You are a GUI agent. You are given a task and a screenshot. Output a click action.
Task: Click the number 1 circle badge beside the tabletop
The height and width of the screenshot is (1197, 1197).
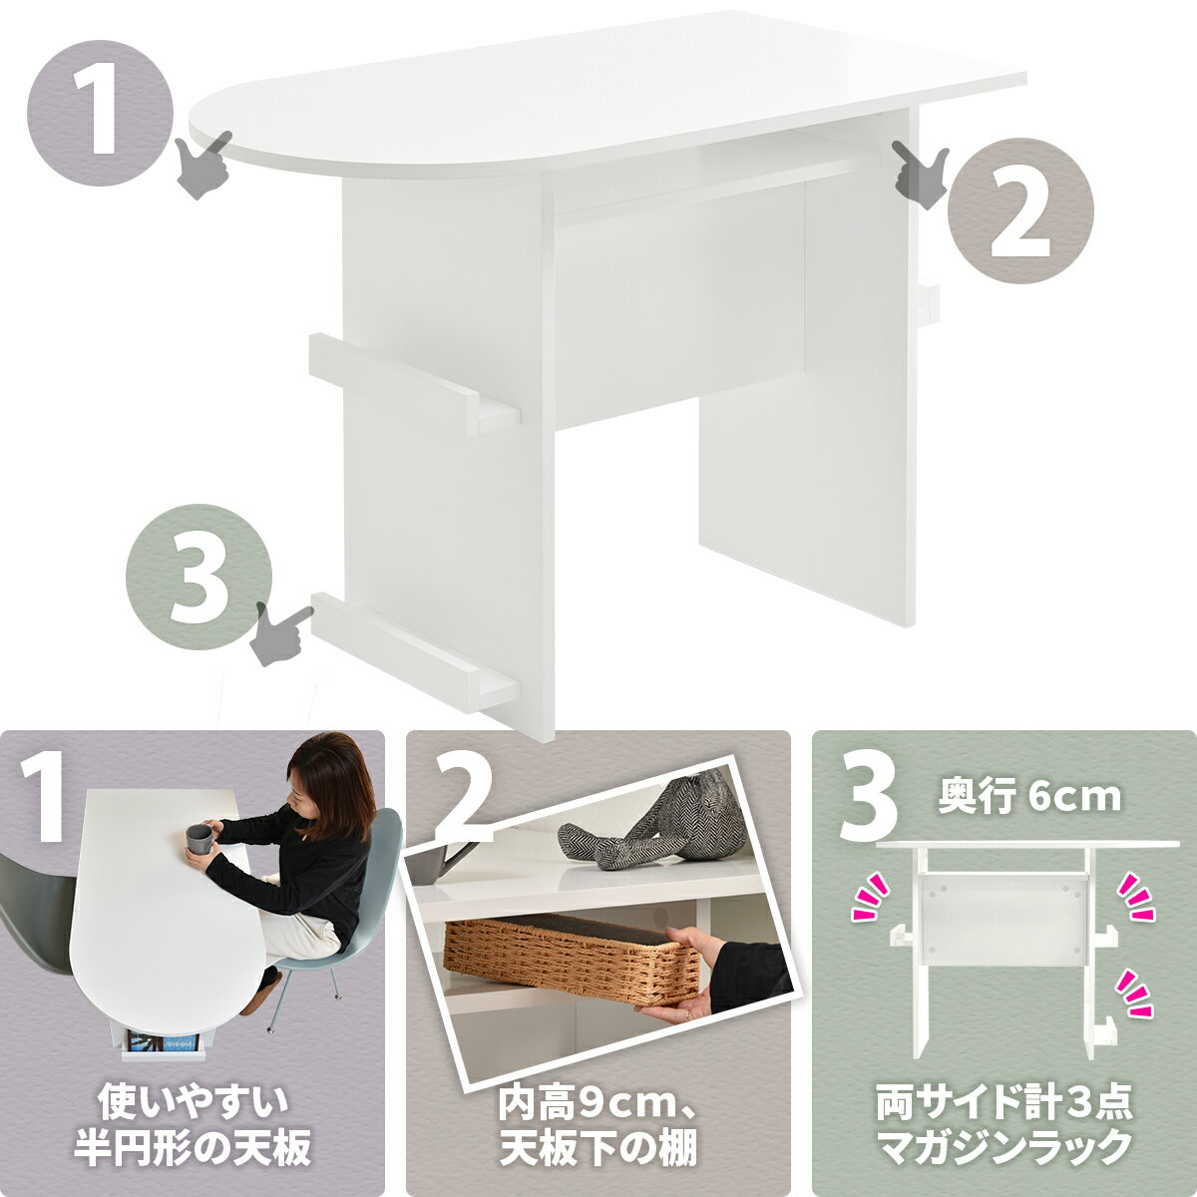(100, 112)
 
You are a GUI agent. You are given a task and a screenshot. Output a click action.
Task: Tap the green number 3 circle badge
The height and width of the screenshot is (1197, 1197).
(199, 577)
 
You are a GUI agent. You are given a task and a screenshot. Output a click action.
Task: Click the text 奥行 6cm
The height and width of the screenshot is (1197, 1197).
(1028, 798)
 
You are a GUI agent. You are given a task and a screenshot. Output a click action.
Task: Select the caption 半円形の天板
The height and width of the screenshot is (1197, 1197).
(193, 1147)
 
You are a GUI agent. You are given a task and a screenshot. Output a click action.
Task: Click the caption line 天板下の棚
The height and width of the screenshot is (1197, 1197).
(598, 1147)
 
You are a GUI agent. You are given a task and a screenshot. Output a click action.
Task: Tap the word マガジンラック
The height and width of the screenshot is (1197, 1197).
(1004, 1147)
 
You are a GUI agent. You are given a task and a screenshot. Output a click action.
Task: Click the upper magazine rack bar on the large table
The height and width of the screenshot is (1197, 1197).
(413, 383)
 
